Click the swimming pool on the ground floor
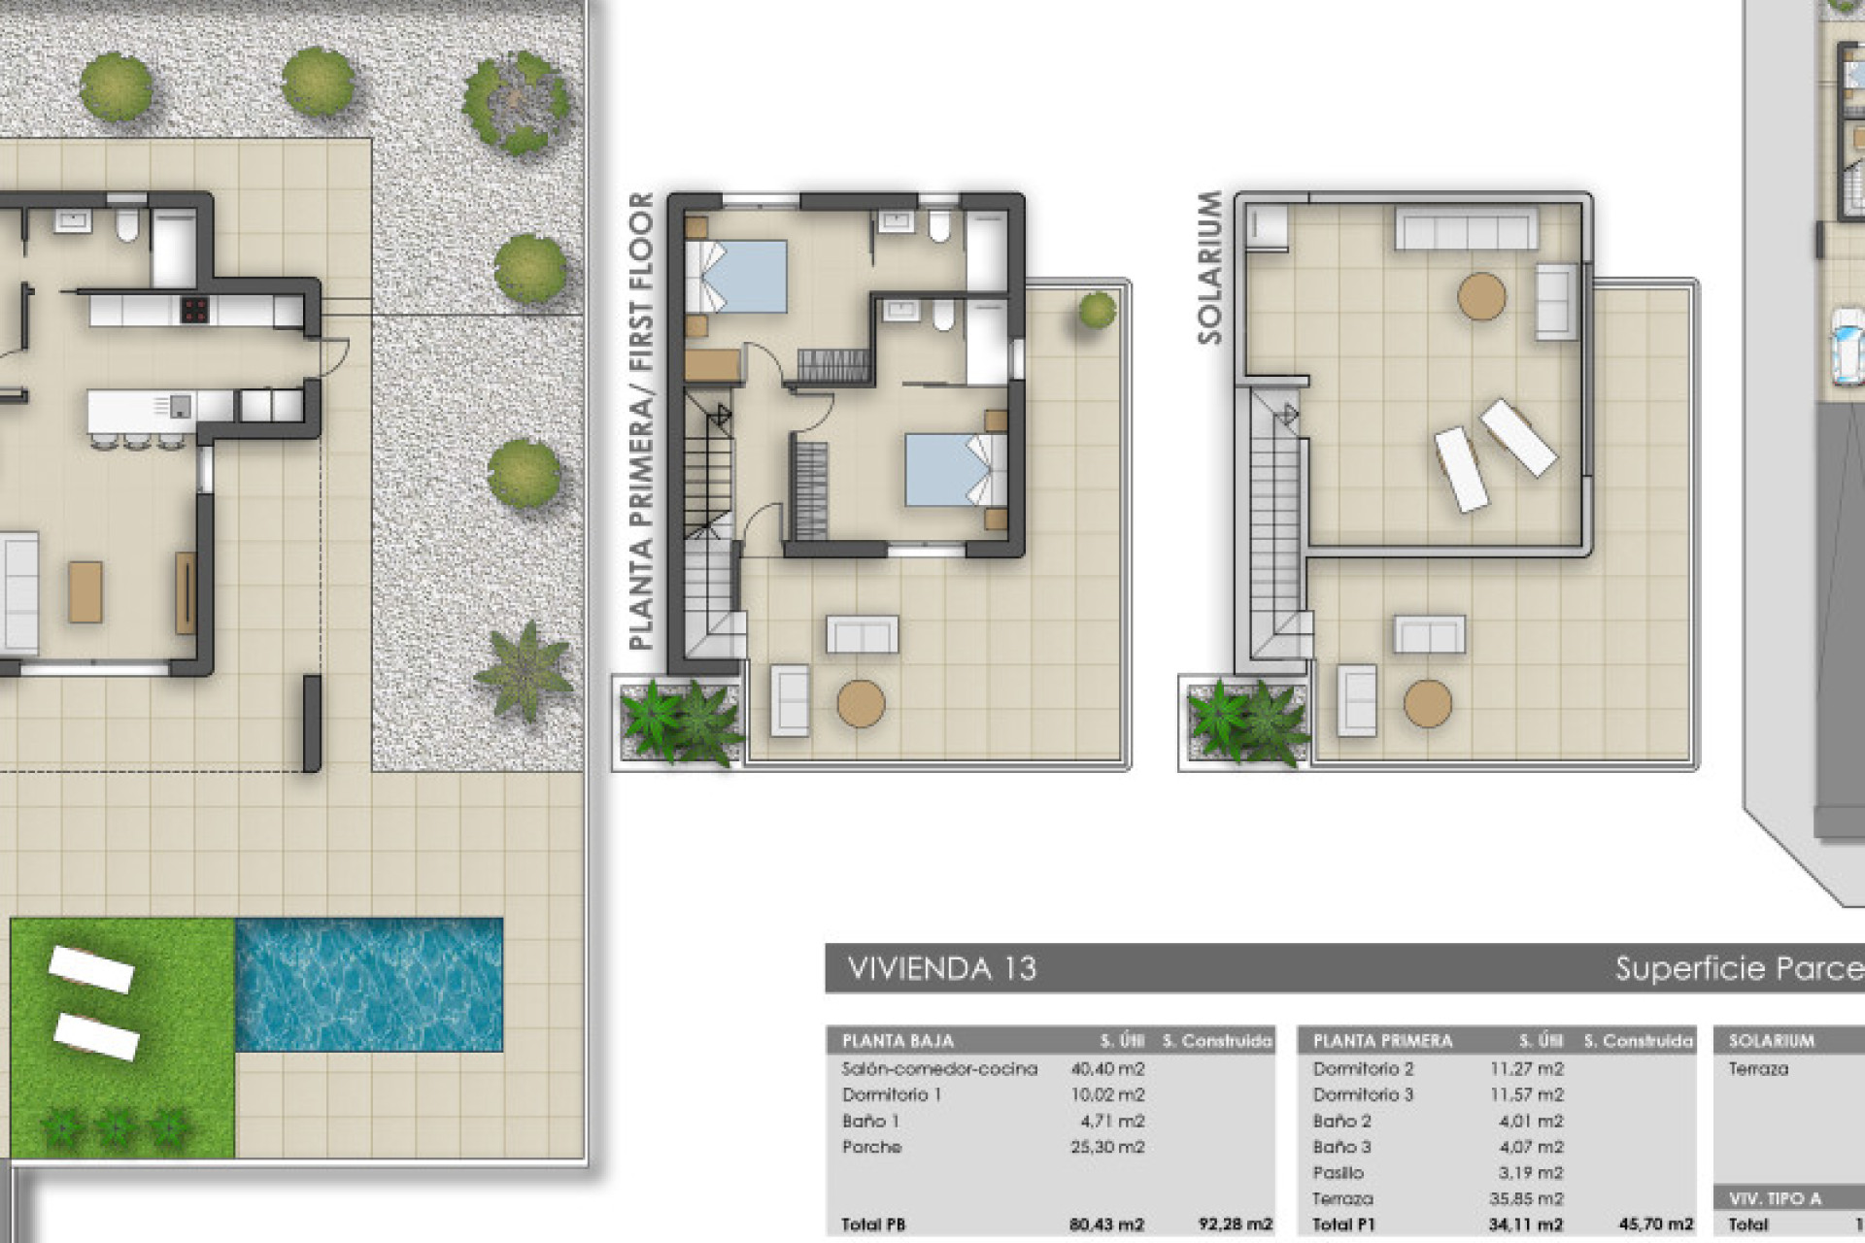point(369,985)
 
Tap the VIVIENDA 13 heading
point(941,968)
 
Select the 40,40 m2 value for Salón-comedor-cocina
point(1107,1069)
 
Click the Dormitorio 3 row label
point(1363,1094)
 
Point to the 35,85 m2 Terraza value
point(1526,1199)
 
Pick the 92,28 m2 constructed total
point(1235,1225)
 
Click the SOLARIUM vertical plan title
point(1209,267)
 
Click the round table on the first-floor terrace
point(861,703)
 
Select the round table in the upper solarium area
point(1481,296)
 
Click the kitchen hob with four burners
point(194,311)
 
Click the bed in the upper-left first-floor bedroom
point(736,277)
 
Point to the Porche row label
point(871,1147)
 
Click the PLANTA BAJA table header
point(898,1041)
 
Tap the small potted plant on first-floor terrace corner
point(1097,311)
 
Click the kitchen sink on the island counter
point(181,405)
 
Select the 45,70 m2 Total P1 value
point(1655,1225)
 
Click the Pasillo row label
point(1338,1173)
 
